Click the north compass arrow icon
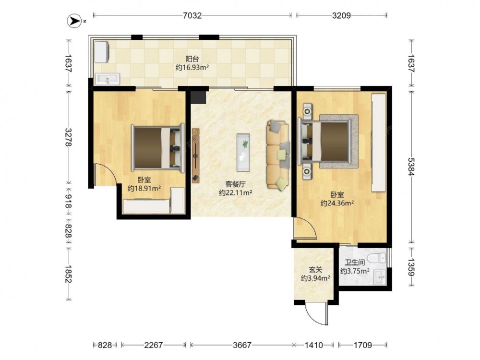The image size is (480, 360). [74, 21]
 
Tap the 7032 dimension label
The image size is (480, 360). [192, 15]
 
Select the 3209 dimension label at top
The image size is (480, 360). [341, 15]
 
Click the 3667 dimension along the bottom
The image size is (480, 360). [242, 345]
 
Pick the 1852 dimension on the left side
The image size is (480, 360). [68, 274]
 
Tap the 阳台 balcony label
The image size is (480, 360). [192, 59]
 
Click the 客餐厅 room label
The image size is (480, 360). [235, 184]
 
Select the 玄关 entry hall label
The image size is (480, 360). [315, 270]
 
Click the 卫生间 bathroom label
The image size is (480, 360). [355, 263]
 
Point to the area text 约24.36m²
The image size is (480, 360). [337, 203]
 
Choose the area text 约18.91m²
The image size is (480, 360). [144, 188]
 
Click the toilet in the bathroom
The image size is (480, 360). [376, 258]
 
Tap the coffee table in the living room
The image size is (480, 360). [243, 153]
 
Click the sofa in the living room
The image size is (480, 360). [277, 155]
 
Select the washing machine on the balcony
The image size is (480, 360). [101, 52]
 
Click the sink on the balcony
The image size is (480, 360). [107, 79]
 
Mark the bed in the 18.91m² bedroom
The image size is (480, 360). [158, 148]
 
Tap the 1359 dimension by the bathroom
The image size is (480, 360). [411, 267]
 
